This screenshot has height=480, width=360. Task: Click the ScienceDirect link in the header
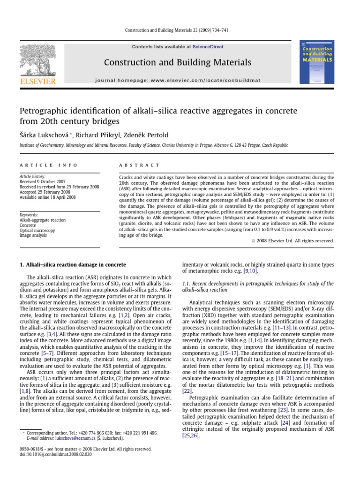208,47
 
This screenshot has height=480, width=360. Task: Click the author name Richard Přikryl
101,135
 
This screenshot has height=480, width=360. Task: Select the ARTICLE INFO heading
39,165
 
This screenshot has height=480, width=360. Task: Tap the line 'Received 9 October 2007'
44,182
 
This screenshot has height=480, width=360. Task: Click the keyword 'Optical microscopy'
37,230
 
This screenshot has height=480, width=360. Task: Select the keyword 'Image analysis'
33,235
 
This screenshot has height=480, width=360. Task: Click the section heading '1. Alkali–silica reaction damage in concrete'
73,265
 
